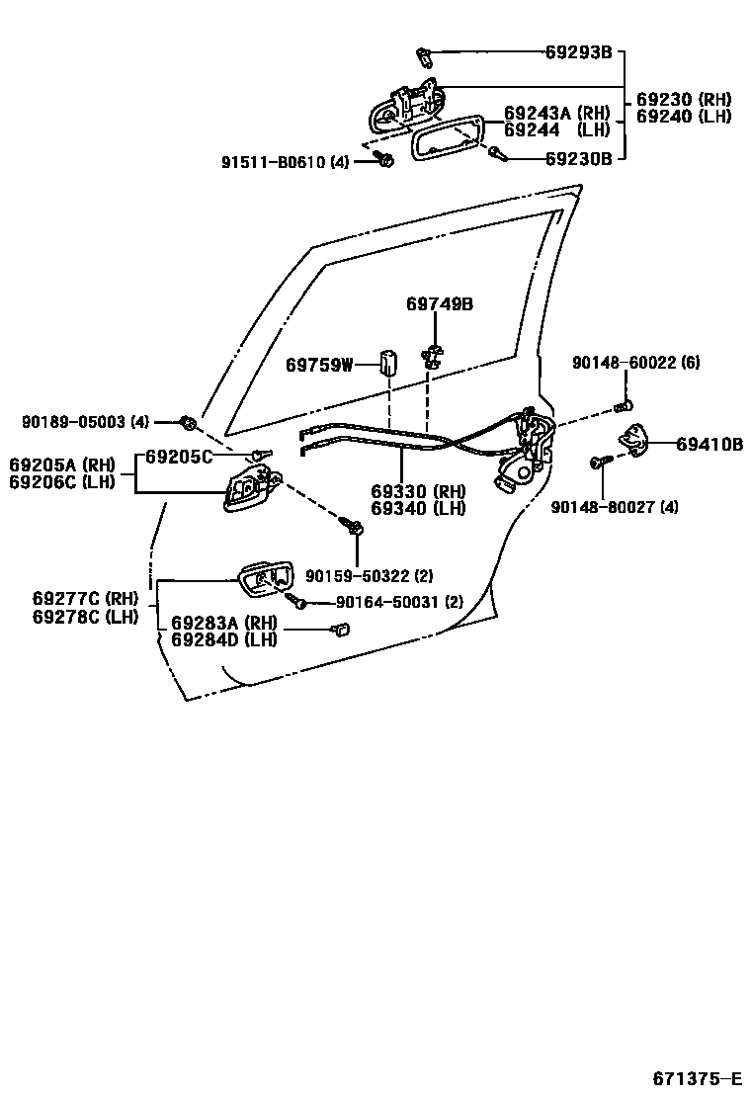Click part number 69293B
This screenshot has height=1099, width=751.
click(x=579, y=52)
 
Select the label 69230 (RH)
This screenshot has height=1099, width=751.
click(x=683, y=100)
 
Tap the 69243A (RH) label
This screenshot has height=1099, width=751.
click(x=557, y=114)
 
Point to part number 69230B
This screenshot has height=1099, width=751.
click(x=579, y=157)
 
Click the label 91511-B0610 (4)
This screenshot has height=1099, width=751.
click(x=285, y=162)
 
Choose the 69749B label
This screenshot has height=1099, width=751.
click(x=439, y=304)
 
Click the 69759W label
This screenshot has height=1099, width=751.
click(x=319, y=366)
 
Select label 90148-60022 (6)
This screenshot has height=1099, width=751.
click(x=635, y=364)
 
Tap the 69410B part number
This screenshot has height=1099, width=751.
click(x=709, y=445)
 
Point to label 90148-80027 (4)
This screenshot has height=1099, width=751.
click(x=615, y=507)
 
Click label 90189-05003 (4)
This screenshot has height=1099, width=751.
click(x=85, y=422)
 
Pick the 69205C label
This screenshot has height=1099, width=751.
click(x=179, y=457)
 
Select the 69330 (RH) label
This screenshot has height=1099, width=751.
click(x=418, y=492)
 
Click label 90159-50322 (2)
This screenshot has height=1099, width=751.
click(x=369, y=576)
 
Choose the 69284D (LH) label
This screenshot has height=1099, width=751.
click(x=223, y=639)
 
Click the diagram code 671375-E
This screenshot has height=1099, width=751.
click(x=696, y=1076)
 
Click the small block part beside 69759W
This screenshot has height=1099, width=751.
click(x=387, y=365)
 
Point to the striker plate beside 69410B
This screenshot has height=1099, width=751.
click(x=631, y=438)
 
